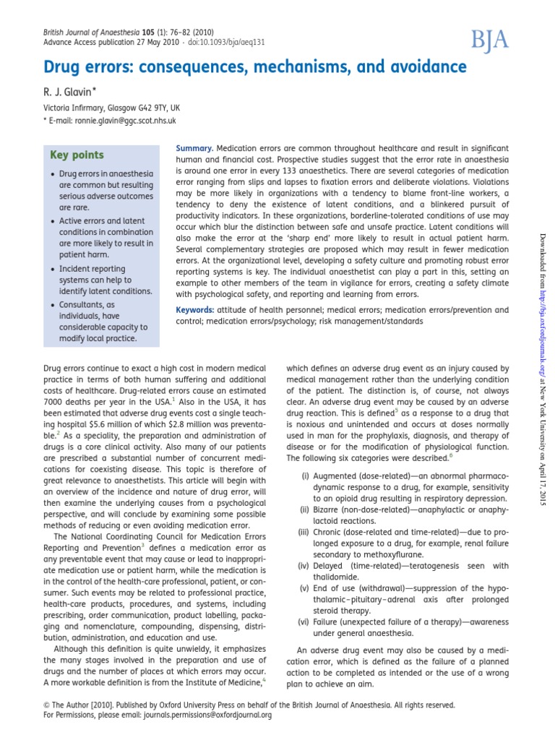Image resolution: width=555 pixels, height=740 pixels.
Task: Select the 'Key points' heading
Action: (77, 155)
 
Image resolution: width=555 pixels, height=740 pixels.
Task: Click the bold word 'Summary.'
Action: (194, 147)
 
